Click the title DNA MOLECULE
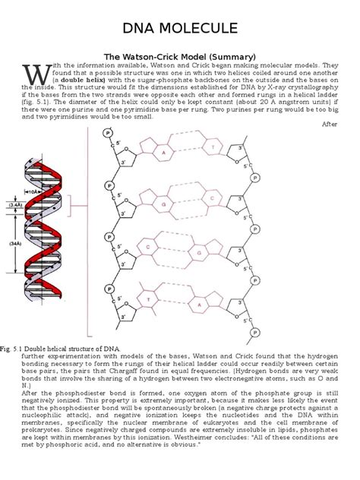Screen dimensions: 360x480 point(179,30)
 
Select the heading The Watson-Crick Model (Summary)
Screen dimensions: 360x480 point(179,56)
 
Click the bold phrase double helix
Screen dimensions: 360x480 point(79,80)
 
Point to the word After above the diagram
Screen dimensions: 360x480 point(330,124)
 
